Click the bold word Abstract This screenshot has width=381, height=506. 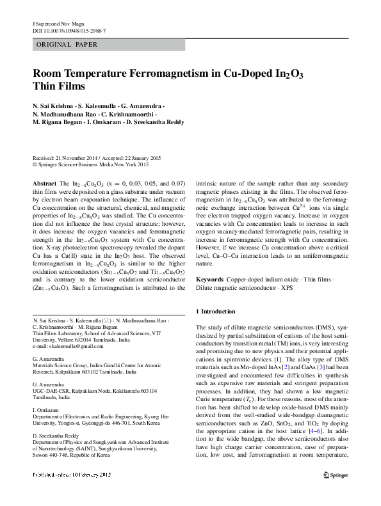coord(44,184)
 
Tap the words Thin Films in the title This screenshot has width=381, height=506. coord(58,86)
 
